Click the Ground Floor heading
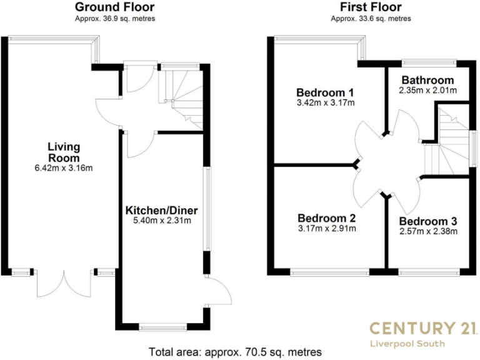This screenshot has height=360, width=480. pos(114,7)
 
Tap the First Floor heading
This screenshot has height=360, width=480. pos(371,7)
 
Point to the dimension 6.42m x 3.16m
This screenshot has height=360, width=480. pos(64,169)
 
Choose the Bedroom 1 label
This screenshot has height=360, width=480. pos(326,92)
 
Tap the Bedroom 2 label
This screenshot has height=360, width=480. pos(326,218)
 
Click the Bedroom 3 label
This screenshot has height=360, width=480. pos(428,221)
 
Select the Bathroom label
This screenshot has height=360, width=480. pos(427,80)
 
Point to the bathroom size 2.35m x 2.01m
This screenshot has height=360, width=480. pos(427,91)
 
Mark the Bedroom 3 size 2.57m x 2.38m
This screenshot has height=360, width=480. pos(428,232)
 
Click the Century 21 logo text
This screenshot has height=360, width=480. pos(423,328)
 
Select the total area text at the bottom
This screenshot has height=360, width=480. pos(235,351)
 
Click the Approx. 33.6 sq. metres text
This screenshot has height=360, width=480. pos(371,19)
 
